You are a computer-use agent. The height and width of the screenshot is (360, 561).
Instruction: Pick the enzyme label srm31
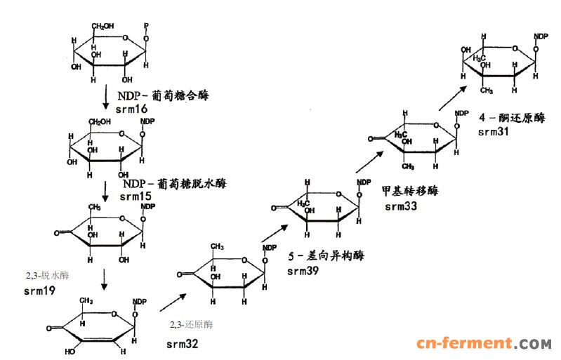[x=494, y=132]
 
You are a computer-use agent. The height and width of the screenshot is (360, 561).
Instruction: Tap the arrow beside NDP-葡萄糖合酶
[x=105, y=98]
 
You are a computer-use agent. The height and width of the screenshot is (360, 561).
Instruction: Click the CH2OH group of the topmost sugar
[x=98, y=28]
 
